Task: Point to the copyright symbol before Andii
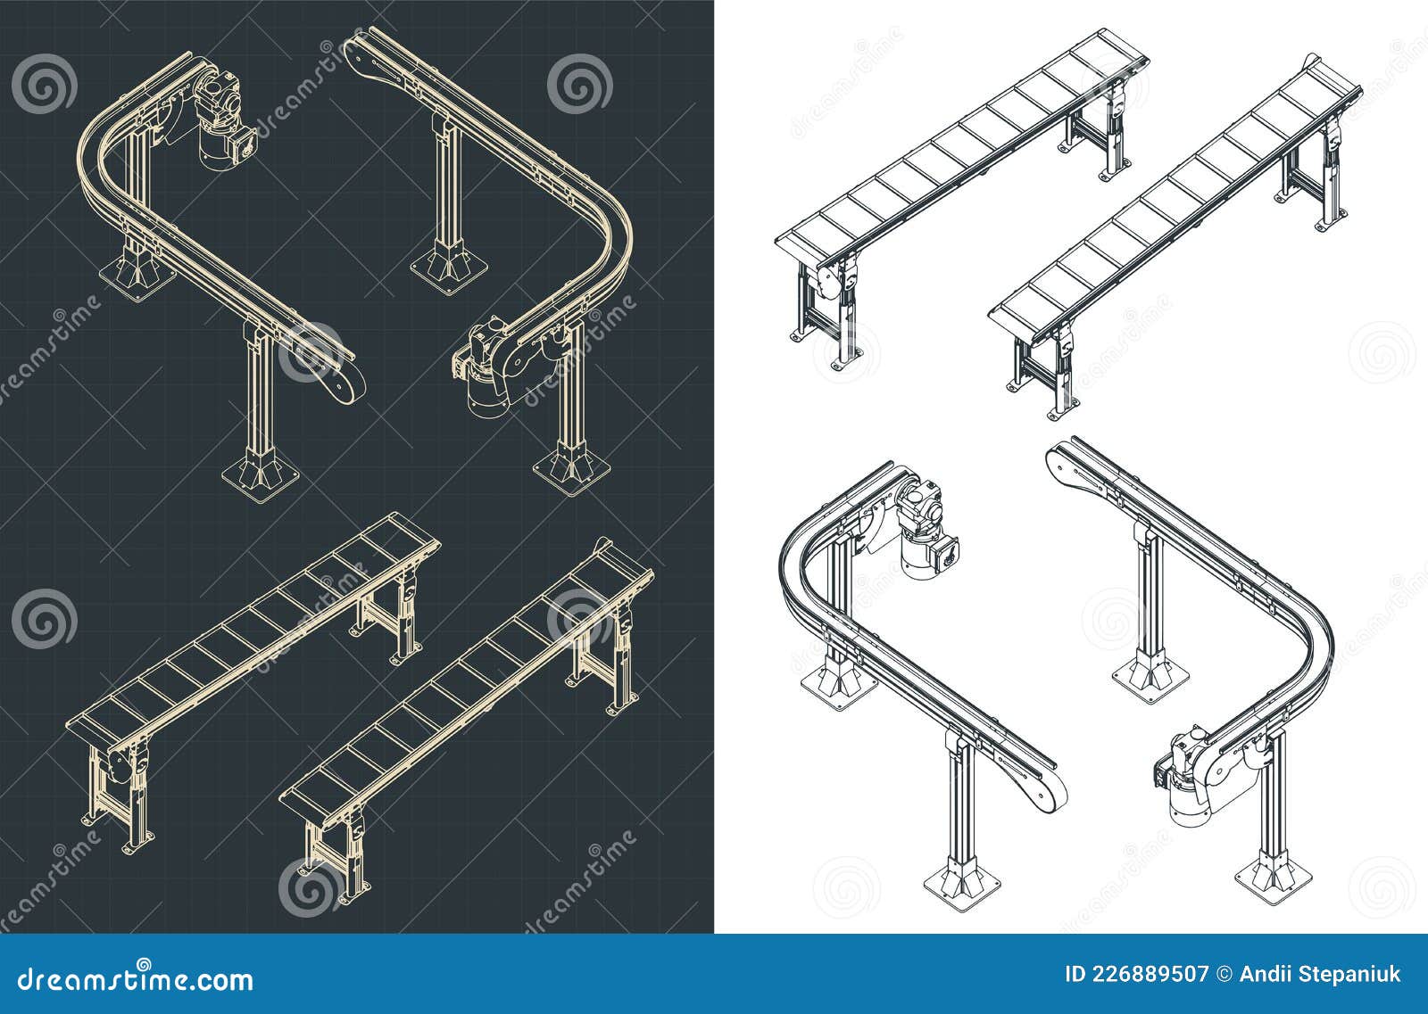[x=1223, y=974]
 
